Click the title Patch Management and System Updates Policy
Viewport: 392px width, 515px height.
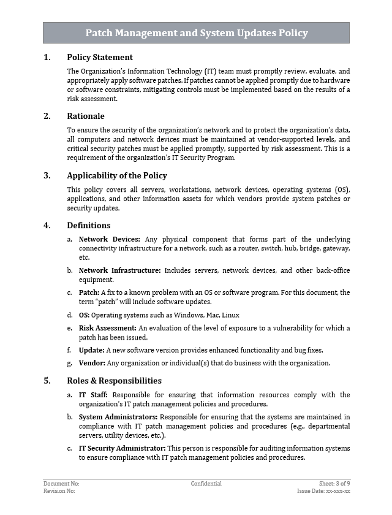tap(196, 33)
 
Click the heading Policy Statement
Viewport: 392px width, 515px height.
tap(99, 58)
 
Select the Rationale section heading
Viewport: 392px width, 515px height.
tap(86, 116)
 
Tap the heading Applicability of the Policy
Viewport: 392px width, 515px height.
tap(117, 175)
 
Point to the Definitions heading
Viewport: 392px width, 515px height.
tap(89, 225)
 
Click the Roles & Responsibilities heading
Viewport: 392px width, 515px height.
tap(114, 381)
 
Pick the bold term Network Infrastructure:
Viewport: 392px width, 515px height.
tap(120, 270)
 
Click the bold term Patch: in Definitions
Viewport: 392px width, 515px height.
tap(89, 292)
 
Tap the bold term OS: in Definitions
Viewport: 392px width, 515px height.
tap(85, 315)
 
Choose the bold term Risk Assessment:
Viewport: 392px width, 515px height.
tap(108, 329)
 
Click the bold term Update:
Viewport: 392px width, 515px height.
tap(92, 350)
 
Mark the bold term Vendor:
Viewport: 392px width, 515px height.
tap(92, 363)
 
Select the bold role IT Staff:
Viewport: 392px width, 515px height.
tap(93, 395)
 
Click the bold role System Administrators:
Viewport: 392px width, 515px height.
tap(118, 417)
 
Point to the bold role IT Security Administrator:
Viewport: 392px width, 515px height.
tap(122, 448)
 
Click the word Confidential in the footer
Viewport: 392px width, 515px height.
tap(206, 484)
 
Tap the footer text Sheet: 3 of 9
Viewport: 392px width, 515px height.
tap(334, 484)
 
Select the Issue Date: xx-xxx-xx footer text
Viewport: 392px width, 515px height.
tap(323, 491)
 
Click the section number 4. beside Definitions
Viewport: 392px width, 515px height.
tap(47, 225)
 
